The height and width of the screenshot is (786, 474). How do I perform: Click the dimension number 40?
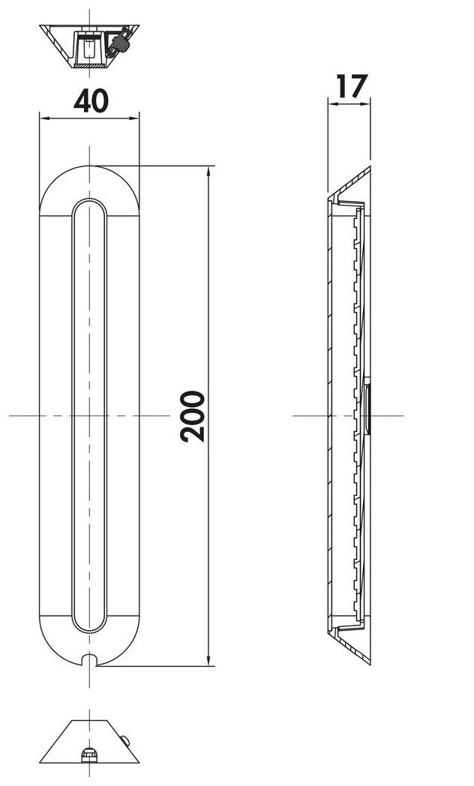click(89, 100)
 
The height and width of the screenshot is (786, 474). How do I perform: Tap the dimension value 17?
click(349, 86)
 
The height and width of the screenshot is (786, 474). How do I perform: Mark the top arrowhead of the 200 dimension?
click(208, 170)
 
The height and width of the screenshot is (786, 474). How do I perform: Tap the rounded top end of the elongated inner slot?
click(90, 205)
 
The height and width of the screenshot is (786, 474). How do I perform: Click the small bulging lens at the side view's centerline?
click(367, 410)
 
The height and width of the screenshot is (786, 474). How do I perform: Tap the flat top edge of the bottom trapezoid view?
click(89, 724)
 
